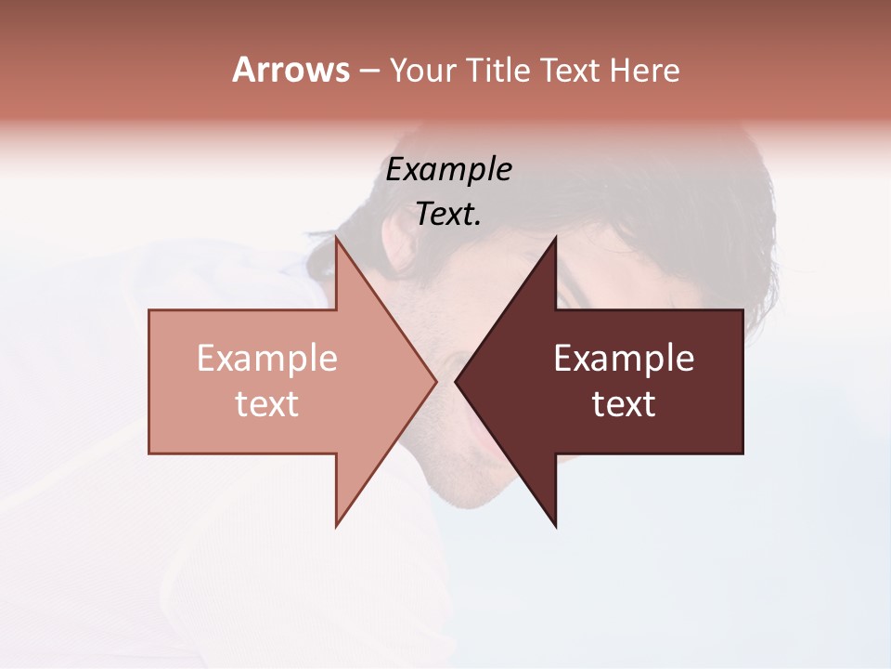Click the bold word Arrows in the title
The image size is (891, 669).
point(291,70)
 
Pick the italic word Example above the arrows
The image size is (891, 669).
point(448,170)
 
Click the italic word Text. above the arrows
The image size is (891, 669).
point(448,215)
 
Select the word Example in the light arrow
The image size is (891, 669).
point(267,359)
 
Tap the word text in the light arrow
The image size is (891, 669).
point(267,404)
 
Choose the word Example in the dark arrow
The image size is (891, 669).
point(624,359)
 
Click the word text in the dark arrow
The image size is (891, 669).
point(624,404)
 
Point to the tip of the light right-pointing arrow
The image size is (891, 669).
point(435,381)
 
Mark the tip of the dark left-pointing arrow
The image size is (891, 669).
point(456,381)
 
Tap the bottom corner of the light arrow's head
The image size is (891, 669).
point(336,526)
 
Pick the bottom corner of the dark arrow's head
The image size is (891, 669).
point(555,526)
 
